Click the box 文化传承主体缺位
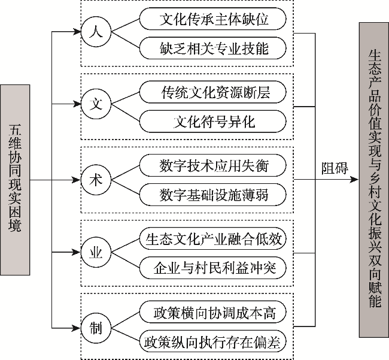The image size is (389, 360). [x=213, y=19]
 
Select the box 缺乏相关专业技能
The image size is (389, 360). [x=213, y=46]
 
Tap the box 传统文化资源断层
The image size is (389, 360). [x=213, y=93]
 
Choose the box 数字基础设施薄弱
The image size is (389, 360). [x=213, y=193]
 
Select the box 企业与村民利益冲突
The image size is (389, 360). [x=213, y=267]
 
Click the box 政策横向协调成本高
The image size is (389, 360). [x=213, y=313]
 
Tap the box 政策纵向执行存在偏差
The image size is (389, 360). [x=213, y=341]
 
